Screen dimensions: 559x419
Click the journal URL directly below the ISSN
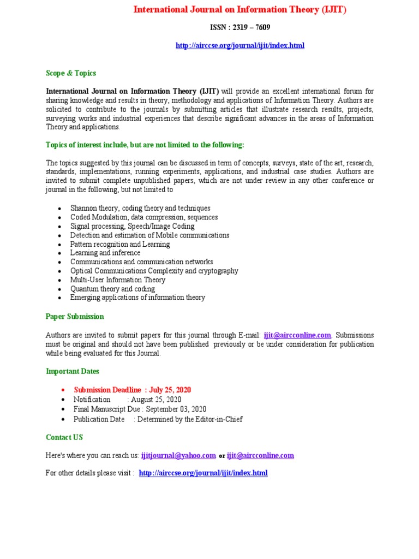pyautogui.click(x=240, y=45)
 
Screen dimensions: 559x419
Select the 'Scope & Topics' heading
pyautogui.click(x=71, y=73)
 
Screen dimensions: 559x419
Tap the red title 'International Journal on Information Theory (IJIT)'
pyautogui.click(x=240, y=9)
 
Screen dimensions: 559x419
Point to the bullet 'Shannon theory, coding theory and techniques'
pyautogui.click(x=140, y=208)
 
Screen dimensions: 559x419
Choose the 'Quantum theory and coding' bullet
pyautogui.click(x=112, y=289)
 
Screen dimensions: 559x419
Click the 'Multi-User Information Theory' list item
pyautogui.click(x=117, y=279)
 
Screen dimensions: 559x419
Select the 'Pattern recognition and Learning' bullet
pyautogui.click(x=120, y=244)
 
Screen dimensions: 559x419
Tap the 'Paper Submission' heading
pyautogui.click(x=75, y=317)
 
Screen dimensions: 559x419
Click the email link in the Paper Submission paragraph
pyautogui.click(x=297, y=335)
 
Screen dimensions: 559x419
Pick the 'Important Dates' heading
pyautogui.click(x=73, y=371)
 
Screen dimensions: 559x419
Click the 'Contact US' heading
pyautogui.click(x=64, y=437)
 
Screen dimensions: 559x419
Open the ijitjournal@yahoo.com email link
pyautogui.click(x=178, y=455)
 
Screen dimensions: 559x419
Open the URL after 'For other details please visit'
pyautogui.click(x=203, y=473)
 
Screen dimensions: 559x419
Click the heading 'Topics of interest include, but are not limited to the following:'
pyautogui.click(x=145, y=145)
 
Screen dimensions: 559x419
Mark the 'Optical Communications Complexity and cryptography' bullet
pyautogui.click(x=154, y=271)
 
